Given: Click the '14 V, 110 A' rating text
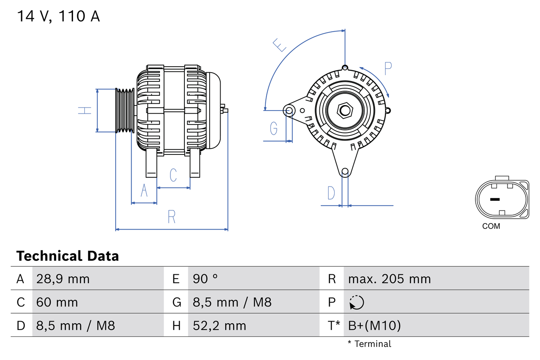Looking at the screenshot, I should [x=58, y=16].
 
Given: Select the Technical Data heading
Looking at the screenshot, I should [x=67, y=256].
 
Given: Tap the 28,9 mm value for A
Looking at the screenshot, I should [x=63, y=279].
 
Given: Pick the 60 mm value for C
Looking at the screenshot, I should [x=57, y=303].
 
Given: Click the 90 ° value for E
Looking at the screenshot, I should [x=205, y=279].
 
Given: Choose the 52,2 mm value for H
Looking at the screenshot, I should [x=219, y=326].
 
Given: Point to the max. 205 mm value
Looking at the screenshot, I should [x=389, y=279].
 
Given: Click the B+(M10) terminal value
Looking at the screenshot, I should [x=374, y=326].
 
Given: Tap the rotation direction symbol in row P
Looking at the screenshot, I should [x=356, y=303].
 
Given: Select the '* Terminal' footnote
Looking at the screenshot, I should [x=370, y=344].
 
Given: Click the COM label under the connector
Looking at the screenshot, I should [x=491, y=226].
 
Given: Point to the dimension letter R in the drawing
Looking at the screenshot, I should [x=171, y=217].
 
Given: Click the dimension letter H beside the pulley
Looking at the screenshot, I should [x=85, y=111].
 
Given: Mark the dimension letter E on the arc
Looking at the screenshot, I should [x=279, y=45].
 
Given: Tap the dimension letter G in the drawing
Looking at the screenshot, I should [x=274, y=128].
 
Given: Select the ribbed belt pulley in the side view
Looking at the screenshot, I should [x=125, y=111].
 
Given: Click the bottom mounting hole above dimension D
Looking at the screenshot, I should [x=345, y=171].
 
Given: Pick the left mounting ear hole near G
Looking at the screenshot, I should [x=289, y=111].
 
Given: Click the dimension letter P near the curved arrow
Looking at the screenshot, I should [x=388, y=68].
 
